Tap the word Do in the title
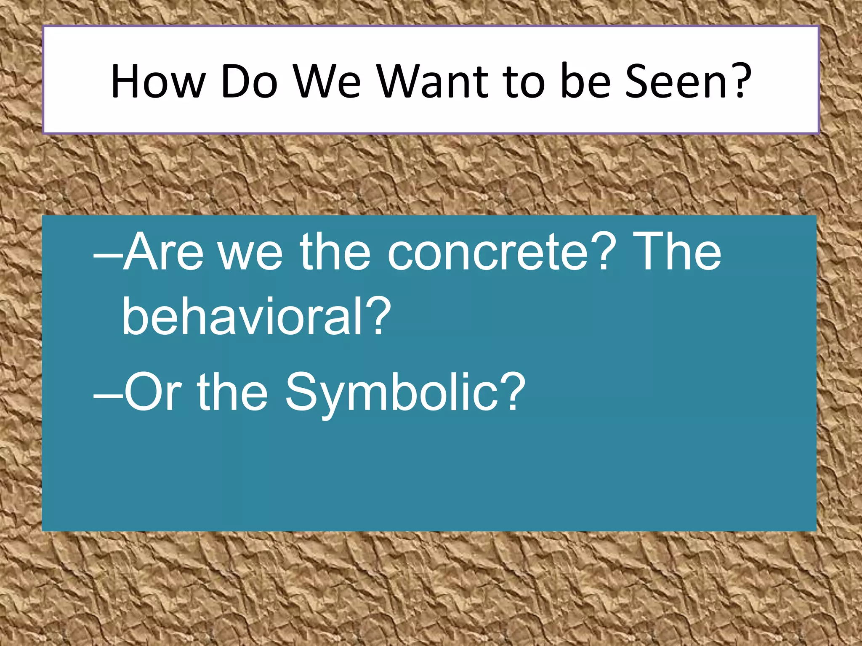point(249,82)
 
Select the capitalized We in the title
point(327,82)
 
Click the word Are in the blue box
point(164,252)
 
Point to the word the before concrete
point(335,252)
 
